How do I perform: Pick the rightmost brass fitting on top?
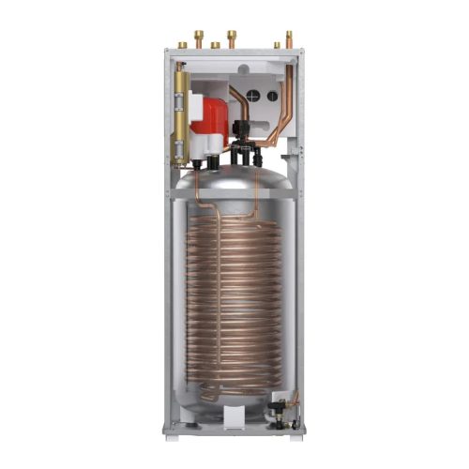coord(288,38)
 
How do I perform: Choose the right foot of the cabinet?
coord(297,432)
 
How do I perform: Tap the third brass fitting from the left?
coord(215,43)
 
